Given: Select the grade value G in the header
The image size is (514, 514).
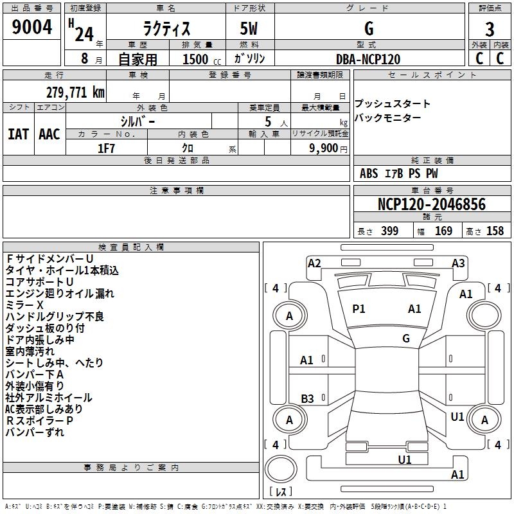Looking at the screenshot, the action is pyautogui.click(x=369, y=29).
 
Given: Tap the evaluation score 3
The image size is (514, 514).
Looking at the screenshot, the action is pyautogui.click(x=490, y=30).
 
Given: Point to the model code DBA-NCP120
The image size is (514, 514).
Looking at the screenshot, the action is pyautogui.click(x=368, y=59).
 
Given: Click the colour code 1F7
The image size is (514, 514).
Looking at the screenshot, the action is pyautogui.click(x=107, y=148).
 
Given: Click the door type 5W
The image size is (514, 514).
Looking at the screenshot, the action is pyautogui.click(x=249, y=29).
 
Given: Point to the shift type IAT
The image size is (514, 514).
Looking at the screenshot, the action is pyautogui.click(x=18, y=134).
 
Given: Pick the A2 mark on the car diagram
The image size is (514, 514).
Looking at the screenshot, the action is pyautogui.click(x=314, y=263).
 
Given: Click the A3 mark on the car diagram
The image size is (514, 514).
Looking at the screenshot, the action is pyautogui.click(x=458, y=263).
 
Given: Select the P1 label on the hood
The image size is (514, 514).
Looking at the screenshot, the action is pyautogui.click(x=359, y=309).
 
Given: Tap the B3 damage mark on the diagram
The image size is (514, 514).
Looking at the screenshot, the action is pyautogui.click(x=307, y=398).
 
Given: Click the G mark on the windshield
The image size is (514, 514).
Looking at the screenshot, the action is pyautogui.click(x=406, y=339).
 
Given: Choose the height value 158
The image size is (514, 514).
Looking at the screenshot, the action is pyautogui.click(x=495, y=231).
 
